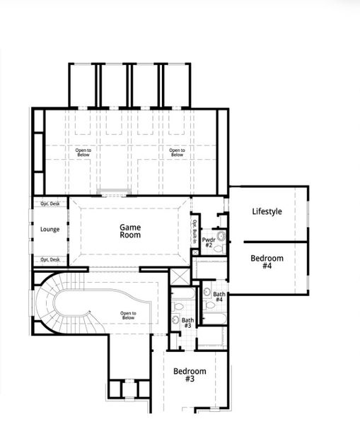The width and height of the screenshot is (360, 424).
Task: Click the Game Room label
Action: coord(130,231)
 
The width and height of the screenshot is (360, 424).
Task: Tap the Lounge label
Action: coord(50,230)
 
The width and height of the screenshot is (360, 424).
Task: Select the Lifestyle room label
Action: coord(267,211)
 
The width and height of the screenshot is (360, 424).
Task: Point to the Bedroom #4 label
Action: coord(267,262)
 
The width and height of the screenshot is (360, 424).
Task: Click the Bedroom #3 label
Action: coord(190,375)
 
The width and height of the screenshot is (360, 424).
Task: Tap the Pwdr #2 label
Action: coord(209,243)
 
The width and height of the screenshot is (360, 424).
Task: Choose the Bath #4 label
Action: coord(219,297)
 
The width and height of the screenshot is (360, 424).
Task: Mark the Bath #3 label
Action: coord(187,323)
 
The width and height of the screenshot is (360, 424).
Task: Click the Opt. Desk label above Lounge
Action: coord(50,204)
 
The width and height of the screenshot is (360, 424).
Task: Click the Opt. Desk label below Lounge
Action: coord(50,259)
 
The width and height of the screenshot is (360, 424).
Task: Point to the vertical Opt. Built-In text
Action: coord(195,232)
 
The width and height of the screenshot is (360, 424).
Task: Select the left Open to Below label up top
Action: coord(84,152)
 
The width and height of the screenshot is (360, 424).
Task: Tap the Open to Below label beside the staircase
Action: coord(128,316)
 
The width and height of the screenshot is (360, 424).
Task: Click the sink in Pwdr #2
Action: coord(221,235)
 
